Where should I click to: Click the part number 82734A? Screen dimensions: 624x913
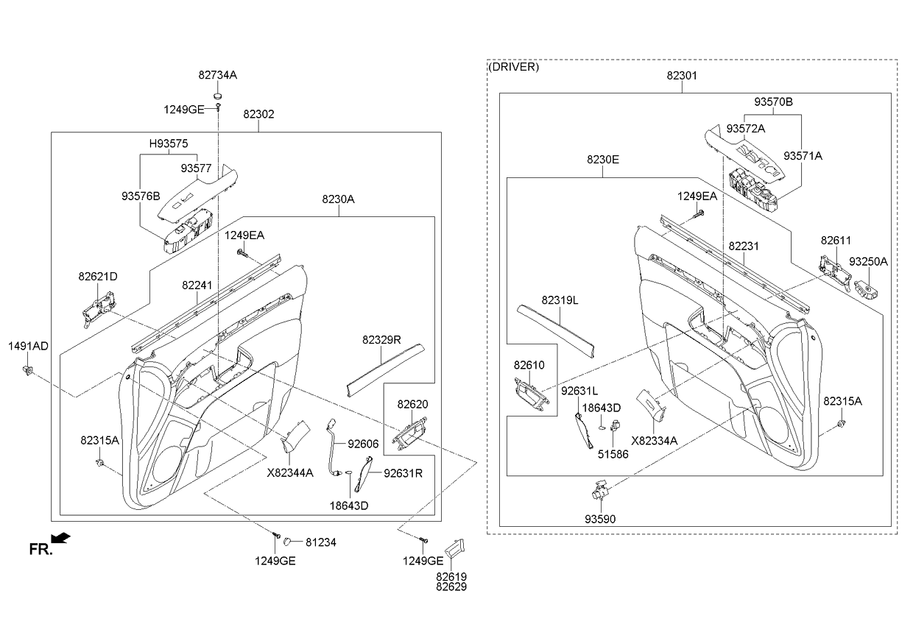tap(217, 75)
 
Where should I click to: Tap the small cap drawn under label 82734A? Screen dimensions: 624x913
tap(217, 95)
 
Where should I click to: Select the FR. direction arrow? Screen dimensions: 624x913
tap(62, 539)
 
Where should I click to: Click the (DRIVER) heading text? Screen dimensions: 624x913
tap(514, 67)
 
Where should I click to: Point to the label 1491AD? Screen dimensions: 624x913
tap(29, 346)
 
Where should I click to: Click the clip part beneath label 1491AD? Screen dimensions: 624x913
tap(29, 369)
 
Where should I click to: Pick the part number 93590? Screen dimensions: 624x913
tap(600, 519)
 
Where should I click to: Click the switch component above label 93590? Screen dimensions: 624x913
tap(601, 490)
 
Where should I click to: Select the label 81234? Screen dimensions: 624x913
tap(321, 542)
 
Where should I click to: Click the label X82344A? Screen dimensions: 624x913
tap(290, 472)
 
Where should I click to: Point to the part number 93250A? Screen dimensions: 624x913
tap(868, 261)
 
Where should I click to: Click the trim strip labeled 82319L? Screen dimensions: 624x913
tap(558, 327)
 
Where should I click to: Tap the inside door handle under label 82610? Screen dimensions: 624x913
tap(530, 395)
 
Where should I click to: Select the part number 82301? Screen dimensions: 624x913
tap(682, 75)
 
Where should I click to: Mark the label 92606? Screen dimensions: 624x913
tap(363, 444)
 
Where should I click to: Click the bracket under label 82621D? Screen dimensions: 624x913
tap(99, 306)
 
